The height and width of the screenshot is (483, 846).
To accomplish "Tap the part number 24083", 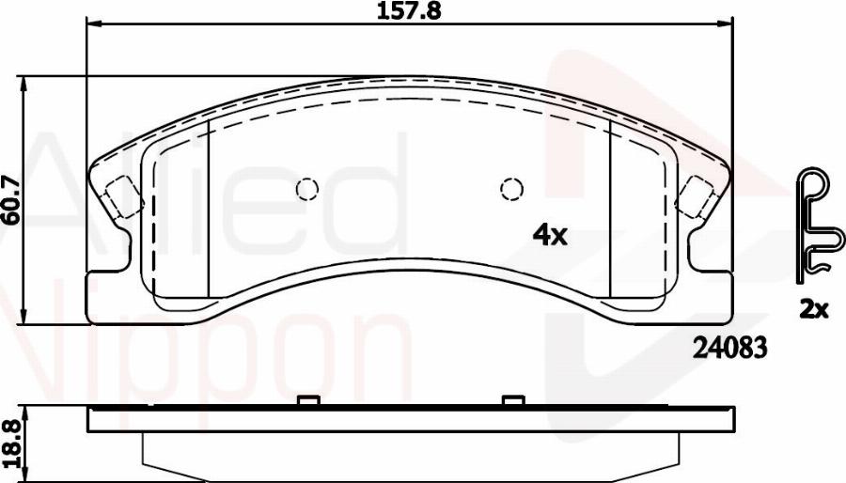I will (730, 348).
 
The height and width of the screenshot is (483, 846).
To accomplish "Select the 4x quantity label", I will (550, 237).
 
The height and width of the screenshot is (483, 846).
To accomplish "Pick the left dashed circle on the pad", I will (306, 190).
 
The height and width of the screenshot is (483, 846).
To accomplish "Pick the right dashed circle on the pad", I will (510, 190).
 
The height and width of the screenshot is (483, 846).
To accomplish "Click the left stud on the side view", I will (305, 401).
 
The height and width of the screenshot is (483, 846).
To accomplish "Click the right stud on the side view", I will (512, 401).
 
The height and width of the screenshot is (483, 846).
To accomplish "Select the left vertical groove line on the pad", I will (207, 207).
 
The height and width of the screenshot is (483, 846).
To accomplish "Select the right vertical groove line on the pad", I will (611, 207).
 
